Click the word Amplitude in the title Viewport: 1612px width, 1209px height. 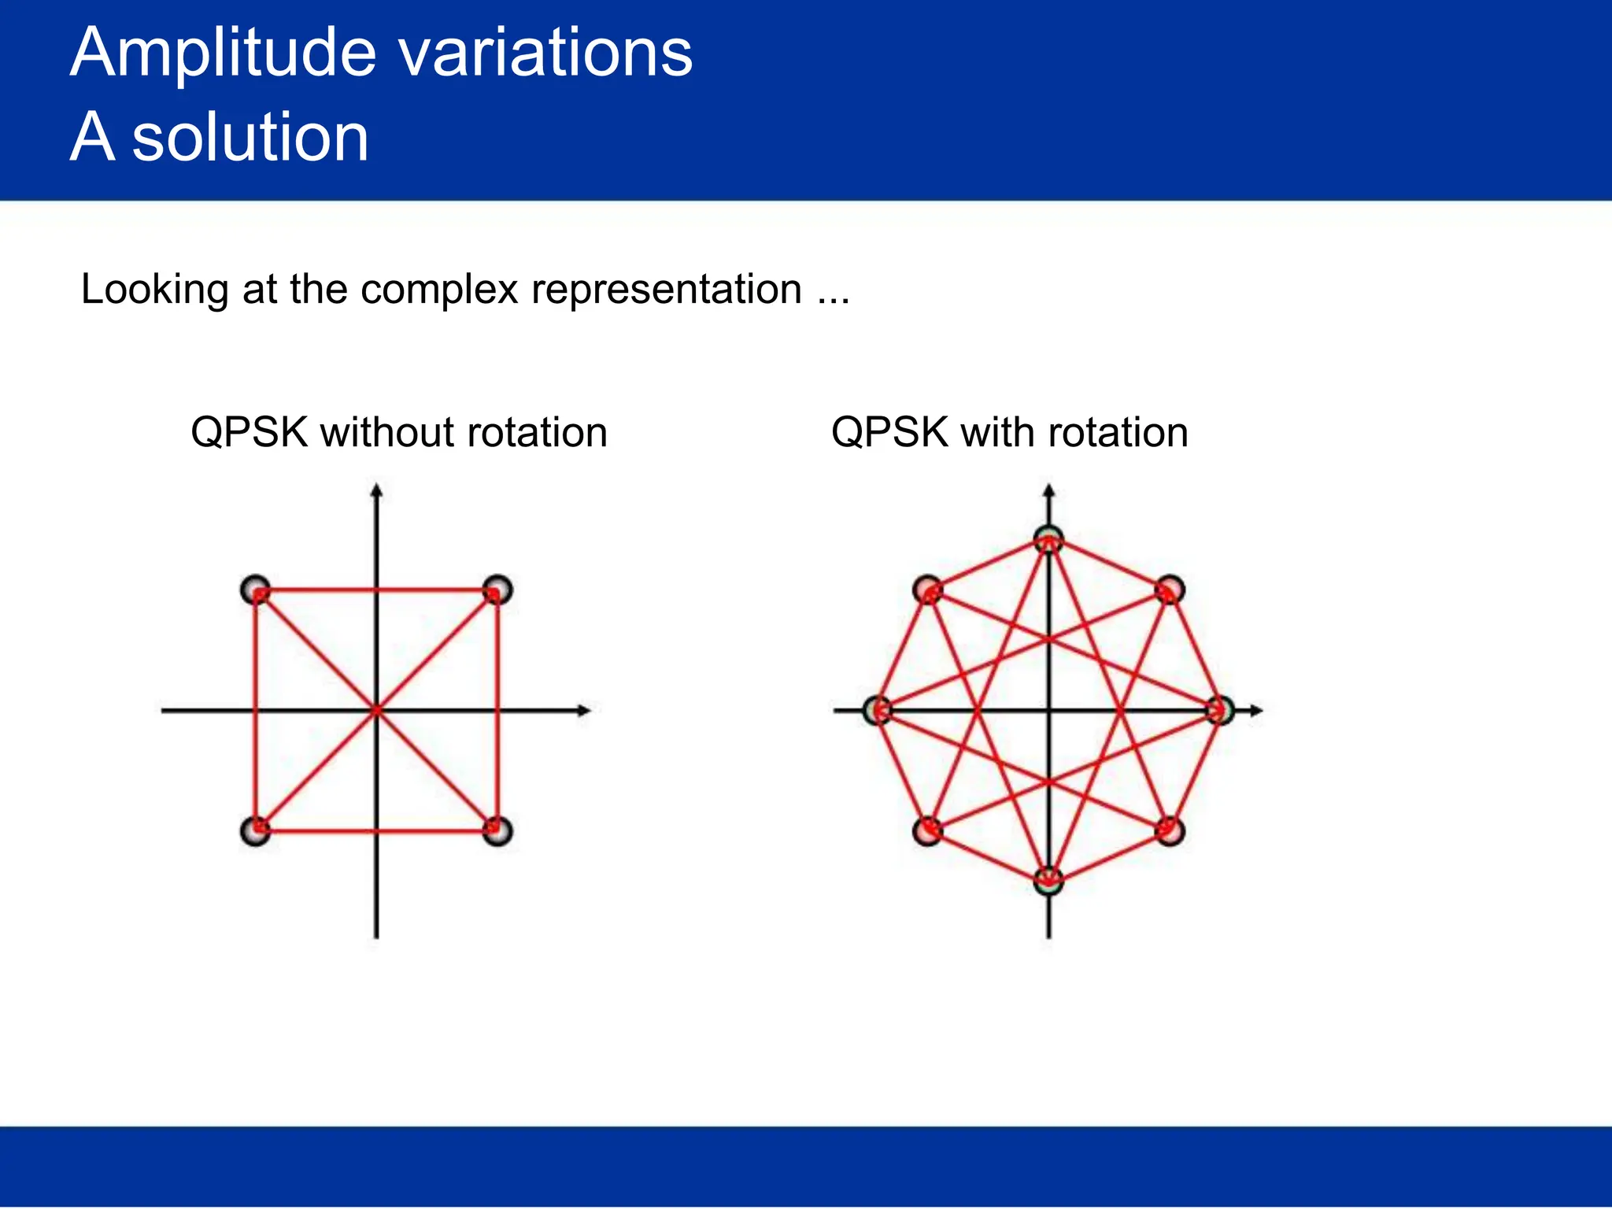(223, 54)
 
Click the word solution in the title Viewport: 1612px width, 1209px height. (250, 138)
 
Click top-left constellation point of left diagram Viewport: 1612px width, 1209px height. (256, 590)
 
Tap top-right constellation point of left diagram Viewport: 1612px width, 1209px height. (497, 590)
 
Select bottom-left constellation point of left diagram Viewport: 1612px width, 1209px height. (256, 831)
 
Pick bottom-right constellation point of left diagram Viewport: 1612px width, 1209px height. (497, 831)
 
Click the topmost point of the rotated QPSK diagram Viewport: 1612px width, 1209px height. (1048, 541)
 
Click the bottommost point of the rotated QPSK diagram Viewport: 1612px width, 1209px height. (1048, 881)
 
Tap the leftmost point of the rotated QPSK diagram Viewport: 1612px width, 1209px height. (878, 711)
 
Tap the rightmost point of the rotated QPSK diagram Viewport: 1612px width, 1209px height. (1220, 711)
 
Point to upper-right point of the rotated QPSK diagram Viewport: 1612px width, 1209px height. (1170, 590)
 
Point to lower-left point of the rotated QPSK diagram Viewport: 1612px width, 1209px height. (928, 831)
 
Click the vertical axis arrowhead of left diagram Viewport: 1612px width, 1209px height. (376, 491)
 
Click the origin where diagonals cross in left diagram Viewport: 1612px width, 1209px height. (376, 711)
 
